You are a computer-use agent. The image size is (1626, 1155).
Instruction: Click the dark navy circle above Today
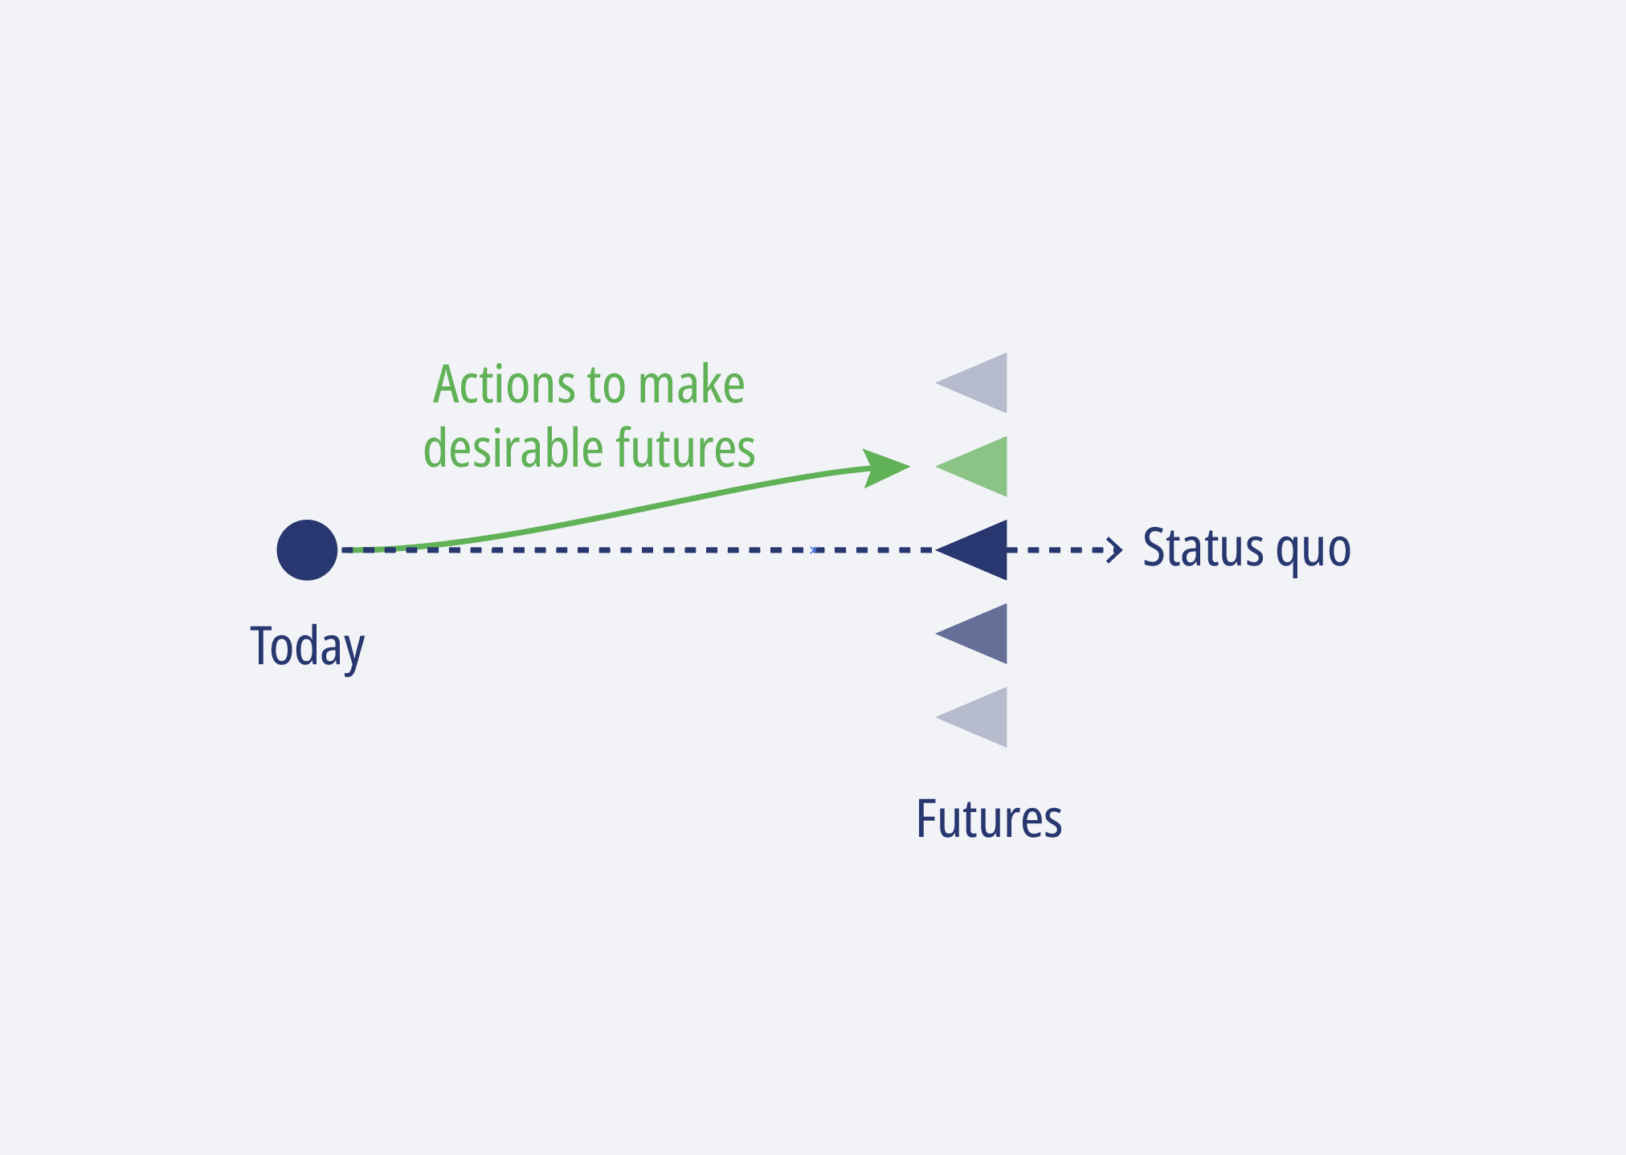pos(307,550)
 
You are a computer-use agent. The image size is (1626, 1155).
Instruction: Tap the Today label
pos(308,647)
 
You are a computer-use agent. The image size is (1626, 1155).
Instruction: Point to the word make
pos(691,385)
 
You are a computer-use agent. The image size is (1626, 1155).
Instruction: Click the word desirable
pos(514,448)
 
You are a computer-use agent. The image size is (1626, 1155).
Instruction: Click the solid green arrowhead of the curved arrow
pos(886,467)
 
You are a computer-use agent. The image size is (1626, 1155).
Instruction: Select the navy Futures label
pos(989,819)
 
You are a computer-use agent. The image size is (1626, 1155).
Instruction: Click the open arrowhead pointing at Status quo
pos(1115,550)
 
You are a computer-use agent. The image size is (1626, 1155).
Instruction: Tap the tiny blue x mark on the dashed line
pos(813,550)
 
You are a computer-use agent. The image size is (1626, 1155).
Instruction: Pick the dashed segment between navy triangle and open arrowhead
pos(1060,550)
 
